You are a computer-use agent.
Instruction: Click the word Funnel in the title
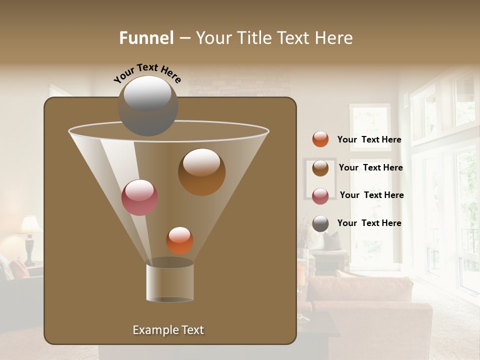coord(146,38)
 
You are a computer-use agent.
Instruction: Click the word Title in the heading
coord(254,38)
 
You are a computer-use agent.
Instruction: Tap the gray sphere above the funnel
coord(147,106)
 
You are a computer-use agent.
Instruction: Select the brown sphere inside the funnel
coord(201,172)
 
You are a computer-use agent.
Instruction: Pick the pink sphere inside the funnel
coord(139,197)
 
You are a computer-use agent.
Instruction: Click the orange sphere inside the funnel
coord(179,240)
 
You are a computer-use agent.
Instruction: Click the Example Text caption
coord(168,330)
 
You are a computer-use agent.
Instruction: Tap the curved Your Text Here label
coord(147,73)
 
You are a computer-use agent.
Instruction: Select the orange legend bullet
coord(320,139)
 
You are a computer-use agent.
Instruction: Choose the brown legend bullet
coord(320,168)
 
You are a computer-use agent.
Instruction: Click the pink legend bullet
coord(320,196)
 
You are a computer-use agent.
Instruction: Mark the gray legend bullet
coord(320,223)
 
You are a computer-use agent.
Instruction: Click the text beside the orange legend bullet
coord(369,140)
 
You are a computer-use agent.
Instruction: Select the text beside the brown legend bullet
coord(370,168)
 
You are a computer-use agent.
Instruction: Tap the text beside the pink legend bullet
coord(371,195)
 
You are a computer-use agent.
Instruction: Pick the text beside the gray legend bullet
coord(369,223)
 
